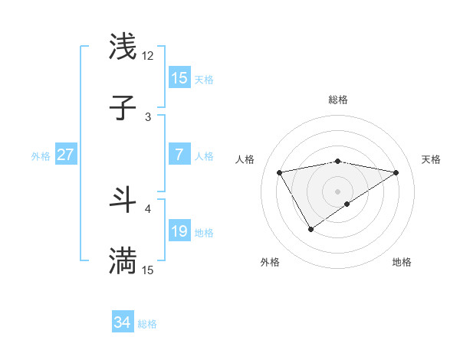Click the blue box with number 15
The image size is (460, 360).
point(179,78)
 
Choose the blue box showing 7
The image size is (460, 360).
point(179,155)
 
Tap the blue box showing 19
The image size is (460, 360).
point(179,231)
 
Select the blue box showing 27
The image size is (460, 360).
point(65,155)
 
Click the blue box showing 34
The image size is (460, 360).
point(122,323)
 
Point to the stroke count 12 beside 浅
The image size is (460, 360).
point(148,56)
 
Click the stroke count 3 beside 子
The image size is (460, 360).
point(148,117)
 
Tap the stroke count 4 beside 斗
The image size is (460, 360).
point(148,208)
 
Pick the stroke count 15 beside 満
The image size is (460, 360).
point(148,270)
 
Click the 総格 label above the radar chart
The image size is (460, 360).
point(337,100)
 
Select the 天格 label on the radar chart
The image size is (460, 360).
point(431,159)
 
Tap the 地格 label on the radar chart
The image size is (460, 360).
point(402,262)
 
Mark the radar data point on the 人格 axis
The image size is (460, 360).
point(280,172)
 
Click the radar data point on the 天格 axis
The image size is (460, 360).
point(396,172)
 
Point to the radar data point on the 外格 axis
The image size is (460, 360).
point(310,229)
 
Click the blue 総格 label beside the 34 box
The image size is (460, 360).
point(147,324)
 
